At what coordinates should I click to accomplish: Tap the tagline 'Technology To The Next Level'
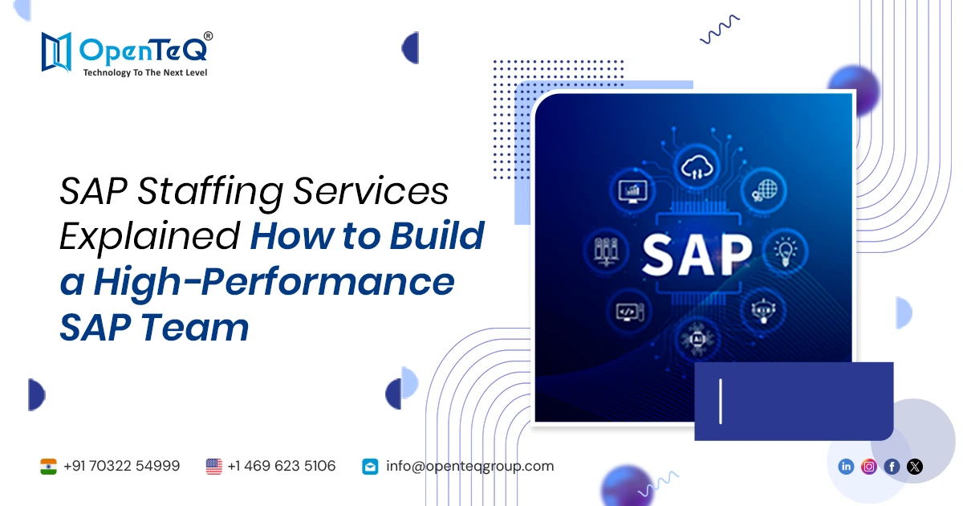point(145,73)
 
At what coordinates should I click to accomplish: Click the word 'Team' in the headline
point(198,328)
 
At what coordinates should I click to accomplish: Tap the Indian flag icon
point(48,466)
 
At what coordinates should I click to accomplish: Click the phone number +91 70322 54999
point(121,466)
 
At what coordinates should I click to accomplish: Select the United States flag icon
point(213,466)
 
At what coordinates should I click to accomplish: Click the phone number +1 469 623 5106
point(281,466)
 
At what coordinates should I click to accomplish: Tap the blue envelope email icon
point(370,466)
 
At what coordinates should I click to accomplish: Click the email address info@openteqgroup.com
point(469,466)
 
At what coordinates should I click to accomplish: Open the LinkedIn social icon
point(846,467)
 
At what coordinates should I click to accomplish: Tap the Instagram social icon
point(869,467)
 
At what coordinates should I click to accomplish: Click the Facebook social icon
point(892,467)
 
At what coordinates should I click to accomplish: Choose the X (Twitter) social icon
point(915,467)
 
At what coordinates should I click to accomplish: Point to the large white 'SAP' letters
point(696,252)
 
